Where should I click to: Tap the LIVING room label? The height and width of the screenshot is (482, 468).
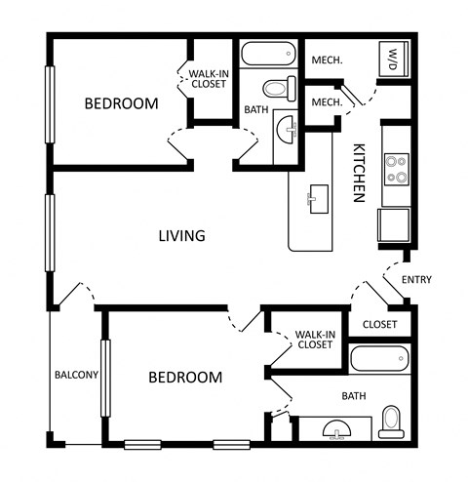[x=182, y=235]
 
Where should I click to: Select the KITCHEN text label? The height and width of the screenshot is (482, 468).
[x=358, y=173]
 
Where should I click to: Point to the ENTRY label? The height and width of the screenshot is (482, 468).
[x=416, y=280]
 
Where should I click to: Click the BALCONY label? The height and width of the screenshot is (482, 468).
[x=74, y=375]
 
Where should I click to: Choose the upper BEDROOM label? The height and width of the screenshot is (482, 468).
[x=121, y=103]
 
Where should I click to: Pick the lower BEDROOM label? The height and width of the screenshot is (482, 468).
[x=185, y=377]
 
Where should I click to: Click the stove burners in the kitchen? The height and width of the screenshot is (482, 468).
[x=397, y=170]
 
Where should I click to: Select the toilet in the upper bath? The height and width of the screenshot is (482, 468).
[x=278, y=89]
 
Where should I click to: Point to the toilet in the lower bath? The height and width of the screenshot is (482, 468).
[x=391, y=419]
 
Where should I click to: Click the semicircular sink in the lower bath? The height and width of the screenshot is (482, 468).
[x=336, y=429]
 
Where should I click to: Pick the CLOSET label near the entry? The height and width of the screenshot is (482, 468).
[x=380, y=324]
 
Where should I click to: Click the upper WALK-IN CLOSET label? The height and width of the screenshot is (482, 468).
[x=209, y=78]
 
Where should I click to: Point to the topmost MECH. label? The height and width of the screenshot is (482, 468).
[x=327, y=60]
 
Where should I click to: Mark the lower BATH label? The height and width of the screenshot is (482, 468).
[x=354, y=396]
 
